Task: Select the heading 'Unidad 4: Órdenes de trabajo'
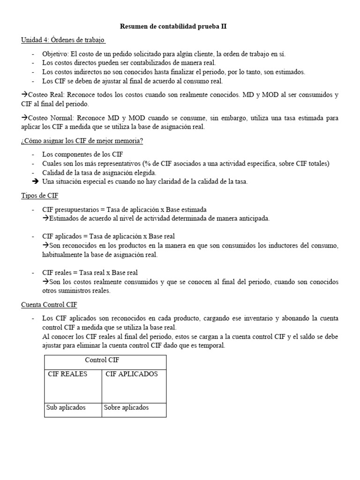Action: pyautogui.click(x=63, y=40)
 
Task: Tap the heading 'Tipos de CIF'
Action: pyautogui.click(x=40, y=195)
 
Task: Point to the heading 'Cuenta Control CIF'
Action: pyautogui.click(x=49, y=305)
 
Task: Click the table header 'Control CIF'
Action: pyautogui.click(x=105, y=361)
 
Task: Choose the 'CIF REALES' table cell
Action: pyautogui.click(x=67, y=374)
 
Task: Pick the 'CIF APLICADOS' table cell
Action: pyautogui.click(x=132, y=374)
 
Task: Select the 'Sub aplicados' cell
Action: pyautogui.click(x=66, y=407)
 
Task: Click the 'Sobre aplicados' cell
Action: pyautogui.click(x=126, y=407)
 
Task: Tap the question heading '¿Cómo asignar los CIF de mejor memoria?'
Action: pyautogui.click(x=82, y=141)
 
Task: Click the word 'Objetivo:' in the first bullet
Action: pyautogui.click(x=55, y=54)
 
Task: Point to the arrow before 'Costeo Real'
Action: pyautogui.click(x=24, y=95)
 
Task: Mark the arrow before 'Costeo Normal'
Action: pyautogui.click(x=24, y=118)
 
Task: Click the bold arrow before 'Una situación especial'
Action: pyautogui.click(x=35, y=181)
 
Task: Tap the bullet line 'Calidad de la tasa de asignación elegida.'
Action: pyautogui.click(x=99, y=172)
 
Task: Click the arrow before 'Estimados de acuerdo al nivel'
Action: pyautogui.click(x=45, y=218)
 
